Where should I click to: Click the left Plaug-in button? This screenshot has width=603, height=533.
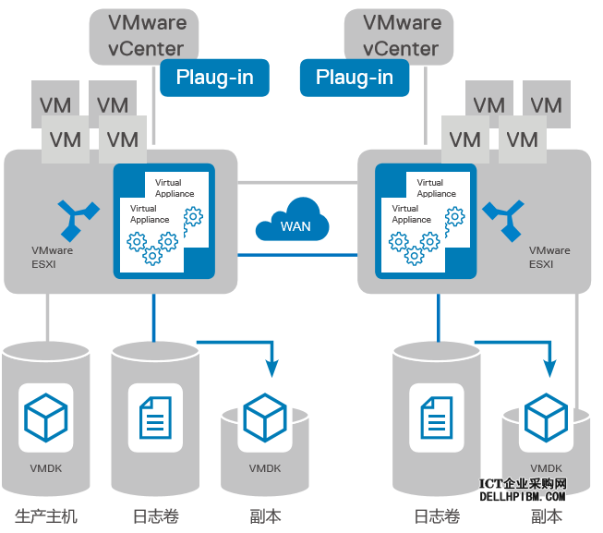tap(214, 78)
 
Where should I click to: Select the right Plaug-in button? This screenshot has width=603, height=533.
tap(354, 78)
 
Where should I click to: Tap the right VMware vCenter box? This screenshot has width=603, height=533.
tap(402, 35)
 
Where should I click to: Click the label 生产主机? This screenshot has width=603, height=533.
tap(46, 515)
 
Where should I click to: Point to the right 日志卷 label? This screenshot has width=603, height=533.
tap(436, 515)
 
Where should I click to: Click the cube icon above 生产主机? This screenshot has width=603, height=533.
tap(46, 417)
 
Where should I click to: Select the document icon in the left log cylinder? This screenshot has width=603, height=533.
tap(154, 418)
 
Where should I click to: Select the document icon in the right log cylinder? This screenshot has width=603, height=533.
tap(436, 418)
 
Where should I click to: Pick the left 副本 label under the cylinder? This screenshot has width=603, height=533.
tap(265, 515)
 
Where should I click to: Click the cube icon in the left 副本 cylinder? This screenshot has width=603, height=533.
tap(265, 418)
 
